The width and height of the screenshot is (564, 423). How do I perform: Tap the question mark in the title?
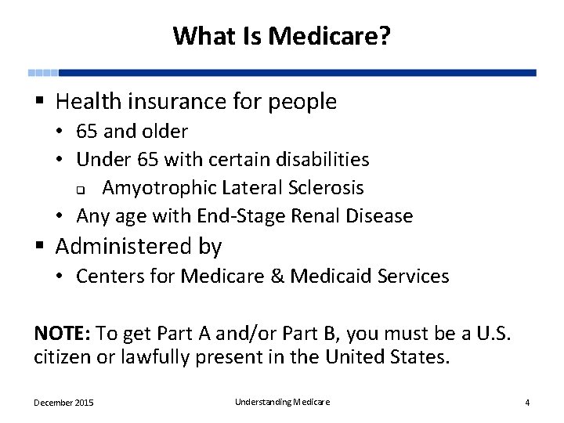coord(385,35)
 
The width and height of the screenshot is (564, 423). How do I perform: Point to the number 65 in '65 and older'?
coord(87,132)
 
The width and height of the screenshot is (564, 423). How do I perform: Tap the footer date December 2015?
coord(63,403)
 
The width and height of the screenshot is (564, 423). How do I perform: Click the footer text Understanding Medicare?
coord(282,402)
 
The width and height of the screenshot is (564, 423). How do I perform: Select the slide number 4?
coord(527,403)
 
